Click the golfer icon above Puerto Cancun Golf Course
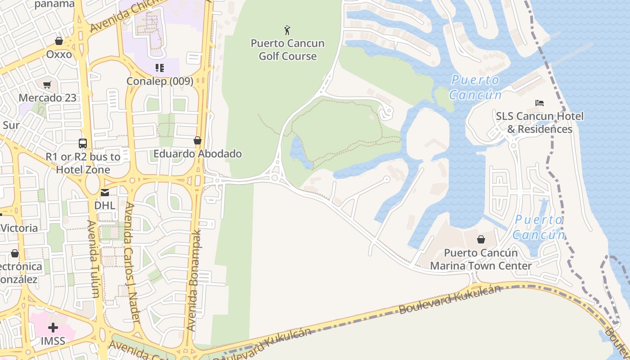288,30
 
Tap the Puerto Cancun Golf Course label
288,50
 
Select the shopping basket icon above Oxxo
59,41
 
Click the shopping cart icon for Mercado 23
47,85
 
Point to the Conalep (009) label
160,81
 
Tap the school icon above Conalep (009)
159,68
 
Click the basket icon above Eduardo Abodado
197,140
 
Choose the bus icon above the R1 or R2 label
83,144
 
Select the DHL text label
104,205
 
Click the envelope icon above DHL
104,193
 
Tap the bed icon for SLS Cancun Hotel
540,103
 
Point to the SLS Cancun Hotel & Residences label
540,122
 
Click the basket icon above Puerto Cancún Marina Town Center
481,239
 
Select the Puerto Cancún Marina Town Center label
481,259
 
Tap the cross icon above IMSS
53,328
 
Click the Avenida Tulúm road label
93,259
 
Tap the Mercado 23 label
47,98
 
